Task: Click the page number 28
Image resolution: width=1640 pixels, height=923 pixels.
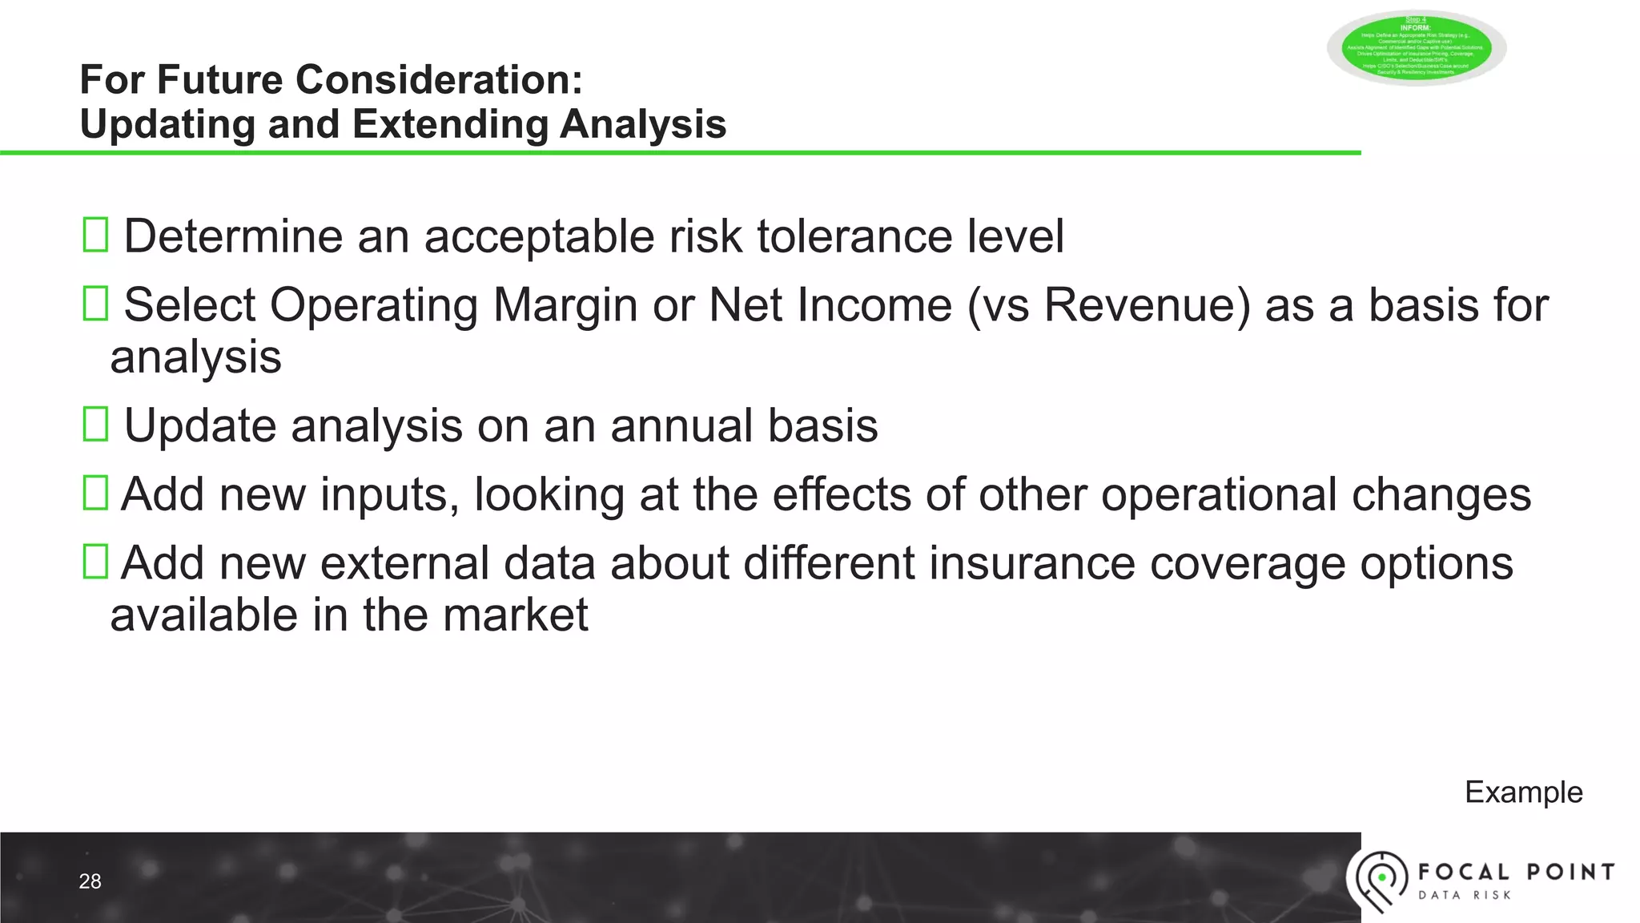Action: (x=90, y=881)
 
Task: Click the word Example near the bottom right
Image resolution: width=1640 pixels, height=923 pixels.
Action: (x=1523, y=792)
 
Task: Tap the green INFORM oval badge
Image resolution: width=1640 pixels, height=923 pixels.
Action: (x=1416, y=48)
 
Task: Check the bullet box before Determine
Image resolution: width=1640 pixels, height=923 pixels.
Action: (x=95, y=236)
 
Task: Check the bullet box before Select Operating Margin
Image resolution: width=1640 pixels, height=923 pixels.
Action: (x=95, y=304)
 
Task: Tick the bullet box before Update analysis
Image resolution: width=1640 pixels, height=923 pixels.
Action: (x=95, y=425)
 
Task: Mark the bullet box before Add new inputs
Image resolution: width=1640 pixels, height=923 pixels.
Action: (x=95, y=494)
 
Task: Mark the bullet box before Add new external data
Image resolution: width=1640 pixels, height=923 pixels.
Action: (x=95, y=562)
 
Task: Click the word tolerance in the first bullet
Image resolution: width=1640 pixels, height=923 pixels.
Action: (x=854, y=236)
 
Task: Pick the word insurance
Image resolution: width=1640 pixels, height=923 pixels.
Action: (x=1032, y=563)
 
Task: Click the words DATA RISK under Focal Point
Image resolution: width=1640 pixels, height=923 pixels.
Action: (x=1465, y=895)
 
